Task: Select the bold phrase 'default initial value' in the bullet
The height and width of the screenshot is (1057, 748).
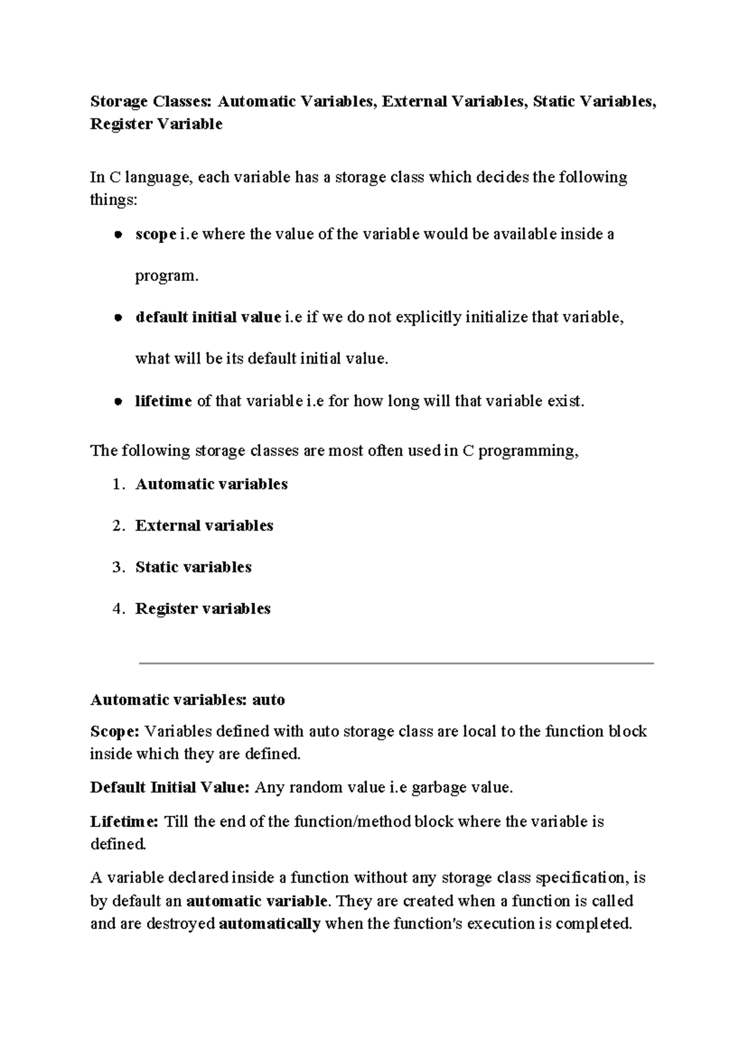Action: [x=208, y=318]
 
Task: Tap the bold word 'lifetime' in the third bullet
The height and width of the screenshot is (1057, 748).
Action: [x=163, y=401]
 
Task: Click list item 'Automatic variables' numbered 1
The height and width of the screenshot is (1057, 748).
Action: [x=211, y=484]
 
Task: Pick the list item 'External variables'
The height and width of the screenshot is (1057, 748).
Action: [x=204, y=526]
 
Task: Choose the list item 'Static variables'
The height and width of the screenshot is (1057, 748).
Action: [x=193, y=567]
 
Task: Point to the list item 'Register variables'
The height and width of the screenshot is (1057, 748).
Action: [x=203, y=609]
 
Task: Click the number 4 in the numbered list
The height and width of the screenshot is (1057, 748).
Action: [x=117, y=609]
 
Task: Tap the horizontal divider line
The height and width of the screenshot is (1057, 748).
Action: [x=396, y=663]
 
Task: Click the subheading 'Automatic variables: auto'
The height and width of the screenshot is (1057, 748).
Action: [x=188, y=700]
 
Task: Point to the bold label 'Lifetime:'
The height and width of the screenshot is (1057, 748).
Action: [x=125, y=822]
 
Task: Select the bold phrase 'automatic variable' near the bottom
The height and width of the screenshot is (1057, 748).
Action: [x=256, y=901]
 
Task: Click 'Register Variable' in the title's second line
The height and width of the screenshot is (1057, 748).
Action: [x=156, y=125]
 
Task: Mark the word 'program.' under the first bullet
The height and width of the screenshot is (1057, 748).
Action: [x=166, y=276]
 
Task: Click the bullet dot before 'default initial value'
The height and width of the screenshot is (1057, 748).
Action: [x=117, y=318]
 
